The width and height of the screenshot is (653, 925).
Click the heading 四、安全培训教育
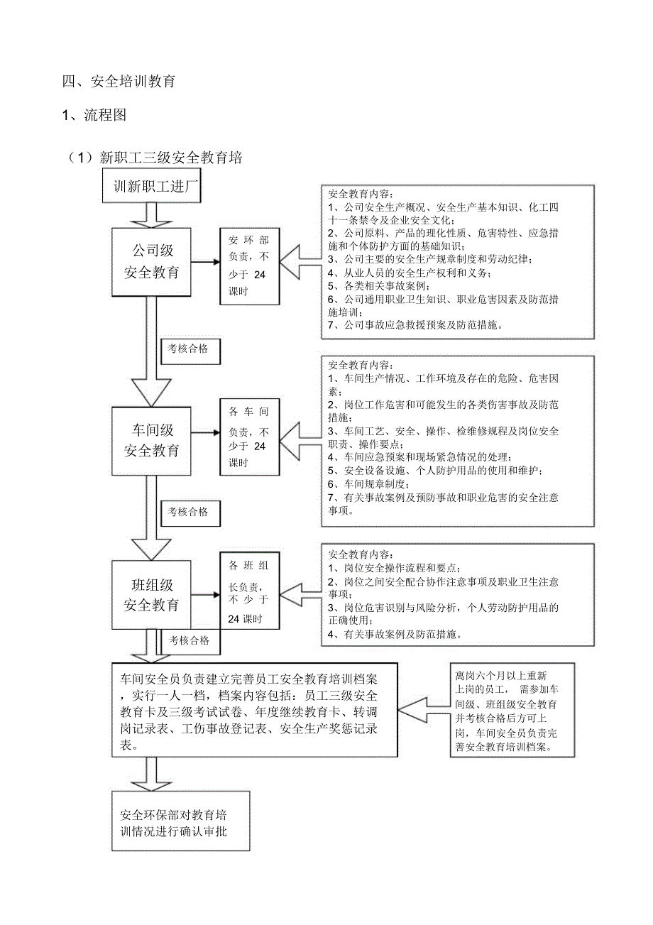[x=119, y=82]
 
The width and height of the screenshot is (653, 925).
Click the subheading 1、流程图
[x=94, y=115]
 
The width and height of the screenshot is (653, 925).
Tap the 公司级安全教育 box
[x=152, y=261]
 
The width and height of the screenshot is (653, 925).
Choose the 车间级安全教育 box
[x=152, y=440]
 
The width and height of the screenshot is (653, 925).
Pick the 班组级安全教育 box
[x=152, y=595]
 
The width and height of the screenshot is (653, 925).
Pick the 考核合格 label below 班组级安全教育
[x=189, y=640]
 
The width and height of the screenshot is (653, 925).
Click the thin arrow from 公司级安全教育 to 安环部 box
[x=206, y=262]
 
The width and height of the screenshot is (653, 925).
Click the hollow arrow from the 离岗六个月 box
[x=424, y=710]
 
